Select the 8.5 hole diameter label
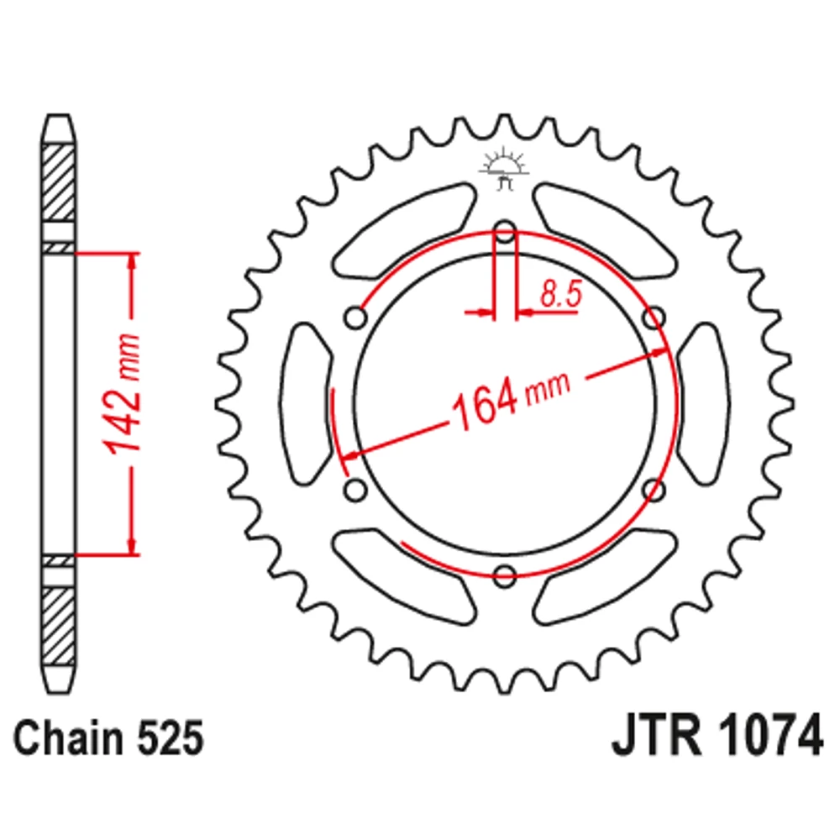pos(560,294)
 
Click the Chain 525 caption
pos(108,738)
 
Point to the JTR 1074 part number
pos(717,734)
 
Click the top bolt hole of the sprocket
pos(504,234)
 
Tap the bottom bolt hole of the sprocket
pos(504,576)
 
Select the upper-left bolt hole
pos(355,318)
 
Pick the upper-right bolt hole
pos(654,318)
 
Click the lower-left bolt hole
pos(355,490)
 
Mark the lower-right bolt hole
pos(654,490)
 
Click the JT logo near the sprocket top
pos(504,170)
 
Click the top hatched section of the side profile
pos(59,182)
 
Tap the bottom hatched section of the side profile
pos(59,626)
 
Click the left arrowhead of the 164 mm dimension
pos(351,456)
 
